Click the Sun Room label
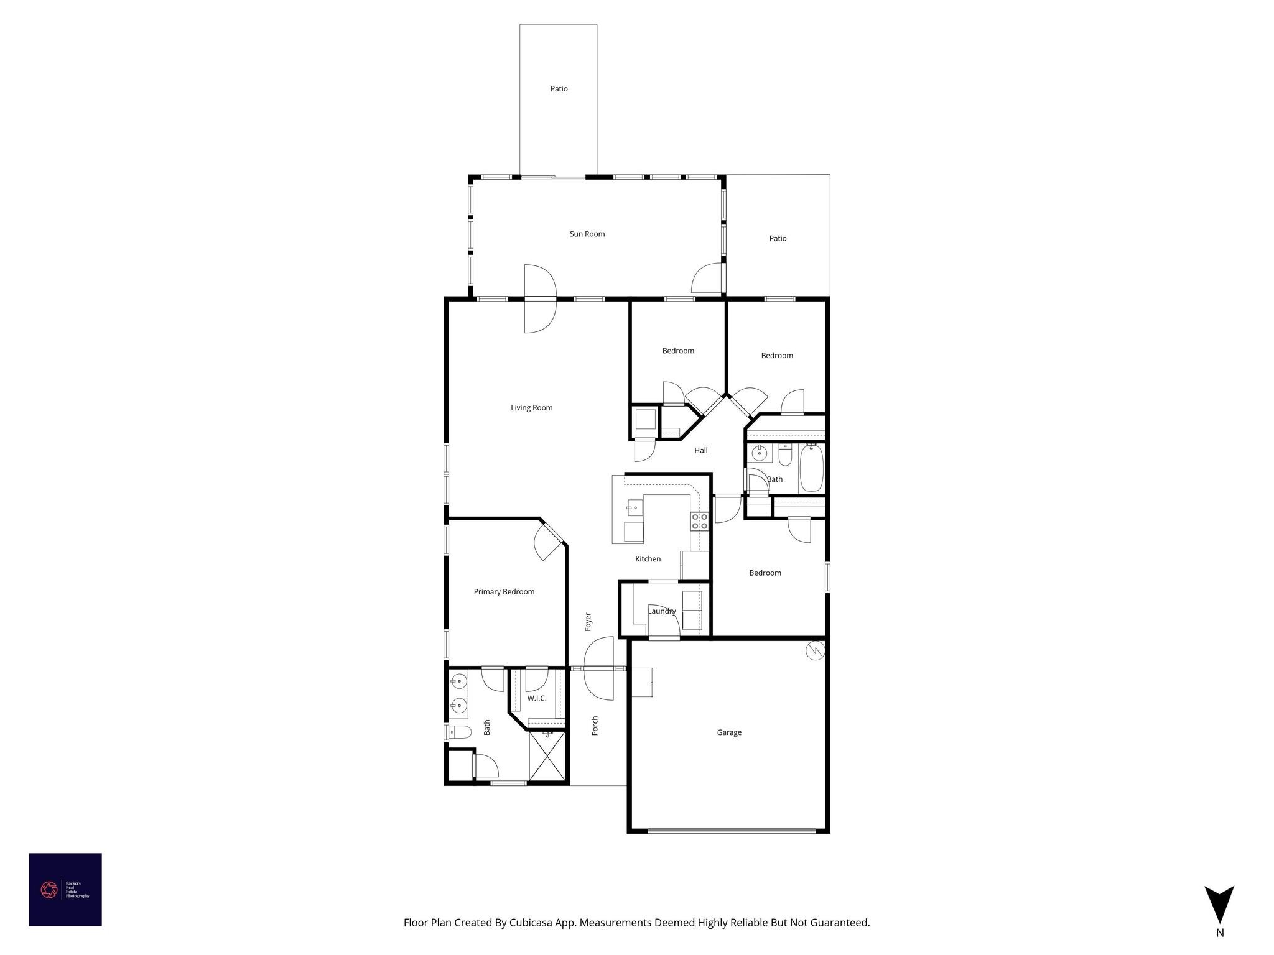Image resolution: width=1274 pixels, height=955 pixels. click(587, 234)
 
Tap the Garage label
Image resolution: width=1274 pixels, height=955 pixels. click(728, 732)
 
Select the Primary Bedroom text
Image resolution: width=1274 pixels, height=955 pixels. click(504, 591)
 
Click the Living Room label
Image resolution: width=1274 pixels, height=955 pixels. click(531, 408)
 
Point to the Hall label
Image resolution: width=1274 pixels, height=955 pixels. click(700, 450)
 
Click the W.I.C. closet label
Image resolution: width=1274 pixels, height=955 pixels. click(536, 698)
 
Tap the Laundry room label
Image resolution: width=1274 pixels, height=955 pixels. click(661, 611)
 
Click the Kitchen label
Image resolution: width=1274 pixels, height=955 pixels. click(648, 559)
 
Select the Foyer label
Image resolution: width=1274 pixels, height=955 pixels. click(588, 622)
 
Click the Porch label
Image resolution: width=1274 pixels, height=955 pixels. click(595, 726)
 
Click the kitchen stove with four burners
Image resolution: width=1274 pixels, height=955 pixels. click(699, 521)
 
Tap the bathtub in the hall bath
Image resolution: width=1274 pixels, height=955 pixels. click(812, 468)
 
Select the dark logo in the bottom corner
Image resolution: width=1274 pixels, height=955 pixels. click(65, 889)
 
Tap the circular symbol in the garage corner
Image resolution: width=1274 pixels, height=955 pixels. click(815, 651)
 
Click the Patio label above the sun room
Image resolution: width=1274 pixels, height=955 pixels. click(559, 89)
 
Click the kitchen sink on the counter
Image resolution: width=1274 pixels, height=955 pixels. click(635, 508)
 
